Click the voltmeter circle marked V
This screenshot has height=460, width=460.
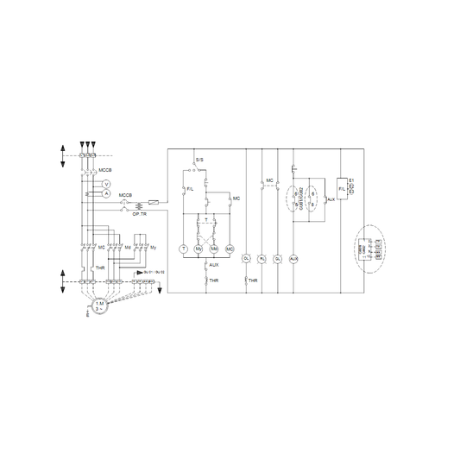(106, 185)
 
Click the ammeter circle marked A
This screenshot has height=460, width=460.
(106, 195)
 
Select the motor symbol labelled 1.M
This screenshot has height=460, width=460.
(99, 306)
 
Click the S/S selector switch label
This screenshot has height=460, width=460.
(199, 160)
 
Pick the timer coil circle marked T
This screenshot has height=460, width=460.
(183, 249)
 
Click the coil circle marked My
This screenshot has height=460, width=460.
(198, 249)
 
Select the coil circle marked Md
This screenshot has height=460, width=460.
(214, 249)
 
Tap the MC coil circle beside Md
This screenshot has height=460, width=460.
(230, 249)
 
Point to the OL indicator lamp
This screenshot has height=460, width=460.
(246, 259)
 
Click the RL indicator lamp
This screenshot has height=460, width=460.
(262, 259)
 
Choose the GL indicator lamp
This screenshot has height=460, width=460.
(278, 259)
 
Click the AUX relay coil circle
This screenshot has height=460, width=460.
(294, 259)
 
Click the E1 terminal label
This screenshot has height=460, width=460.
(353, 180)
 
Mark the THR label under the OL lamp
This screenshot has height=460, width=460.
(252, 281)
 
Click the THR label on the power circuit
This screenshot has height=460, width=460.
(99, 269)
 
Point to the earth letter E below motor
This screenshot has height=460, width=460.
(88, 315)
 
